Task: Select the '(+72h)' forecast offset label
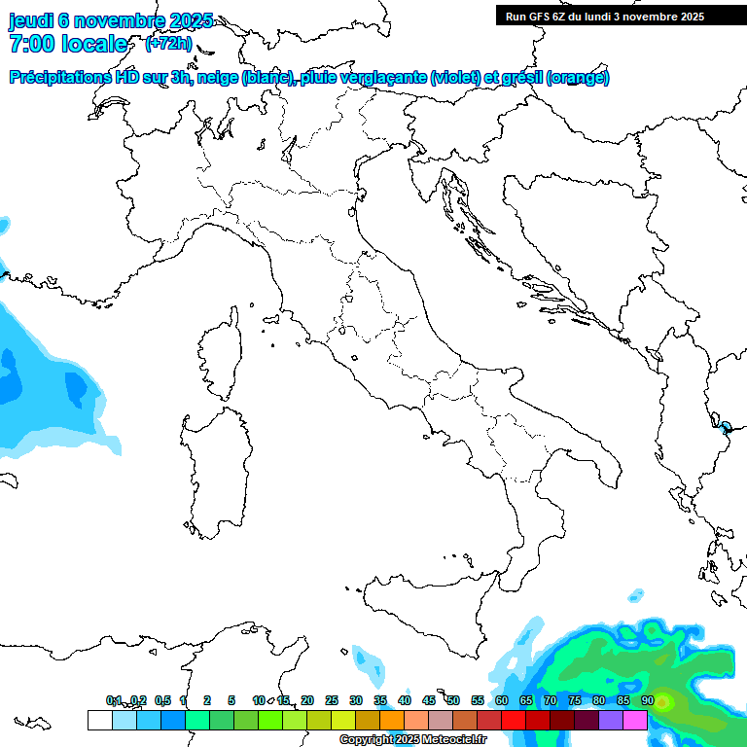168,44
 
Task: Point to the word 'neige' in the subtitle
219,78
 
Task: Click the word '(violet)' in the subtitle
458,78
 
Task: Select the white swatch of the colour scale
99,720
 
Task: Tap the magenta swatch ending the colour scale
635,720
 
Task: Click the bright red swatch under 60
513,720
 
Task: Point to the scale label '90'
647,700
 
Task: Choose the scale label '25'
332,700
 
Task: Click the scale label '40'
405,700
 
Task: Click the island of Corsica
221,355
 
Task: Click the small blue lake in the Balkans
726,426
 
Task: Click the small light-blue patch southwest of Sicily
368,661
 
